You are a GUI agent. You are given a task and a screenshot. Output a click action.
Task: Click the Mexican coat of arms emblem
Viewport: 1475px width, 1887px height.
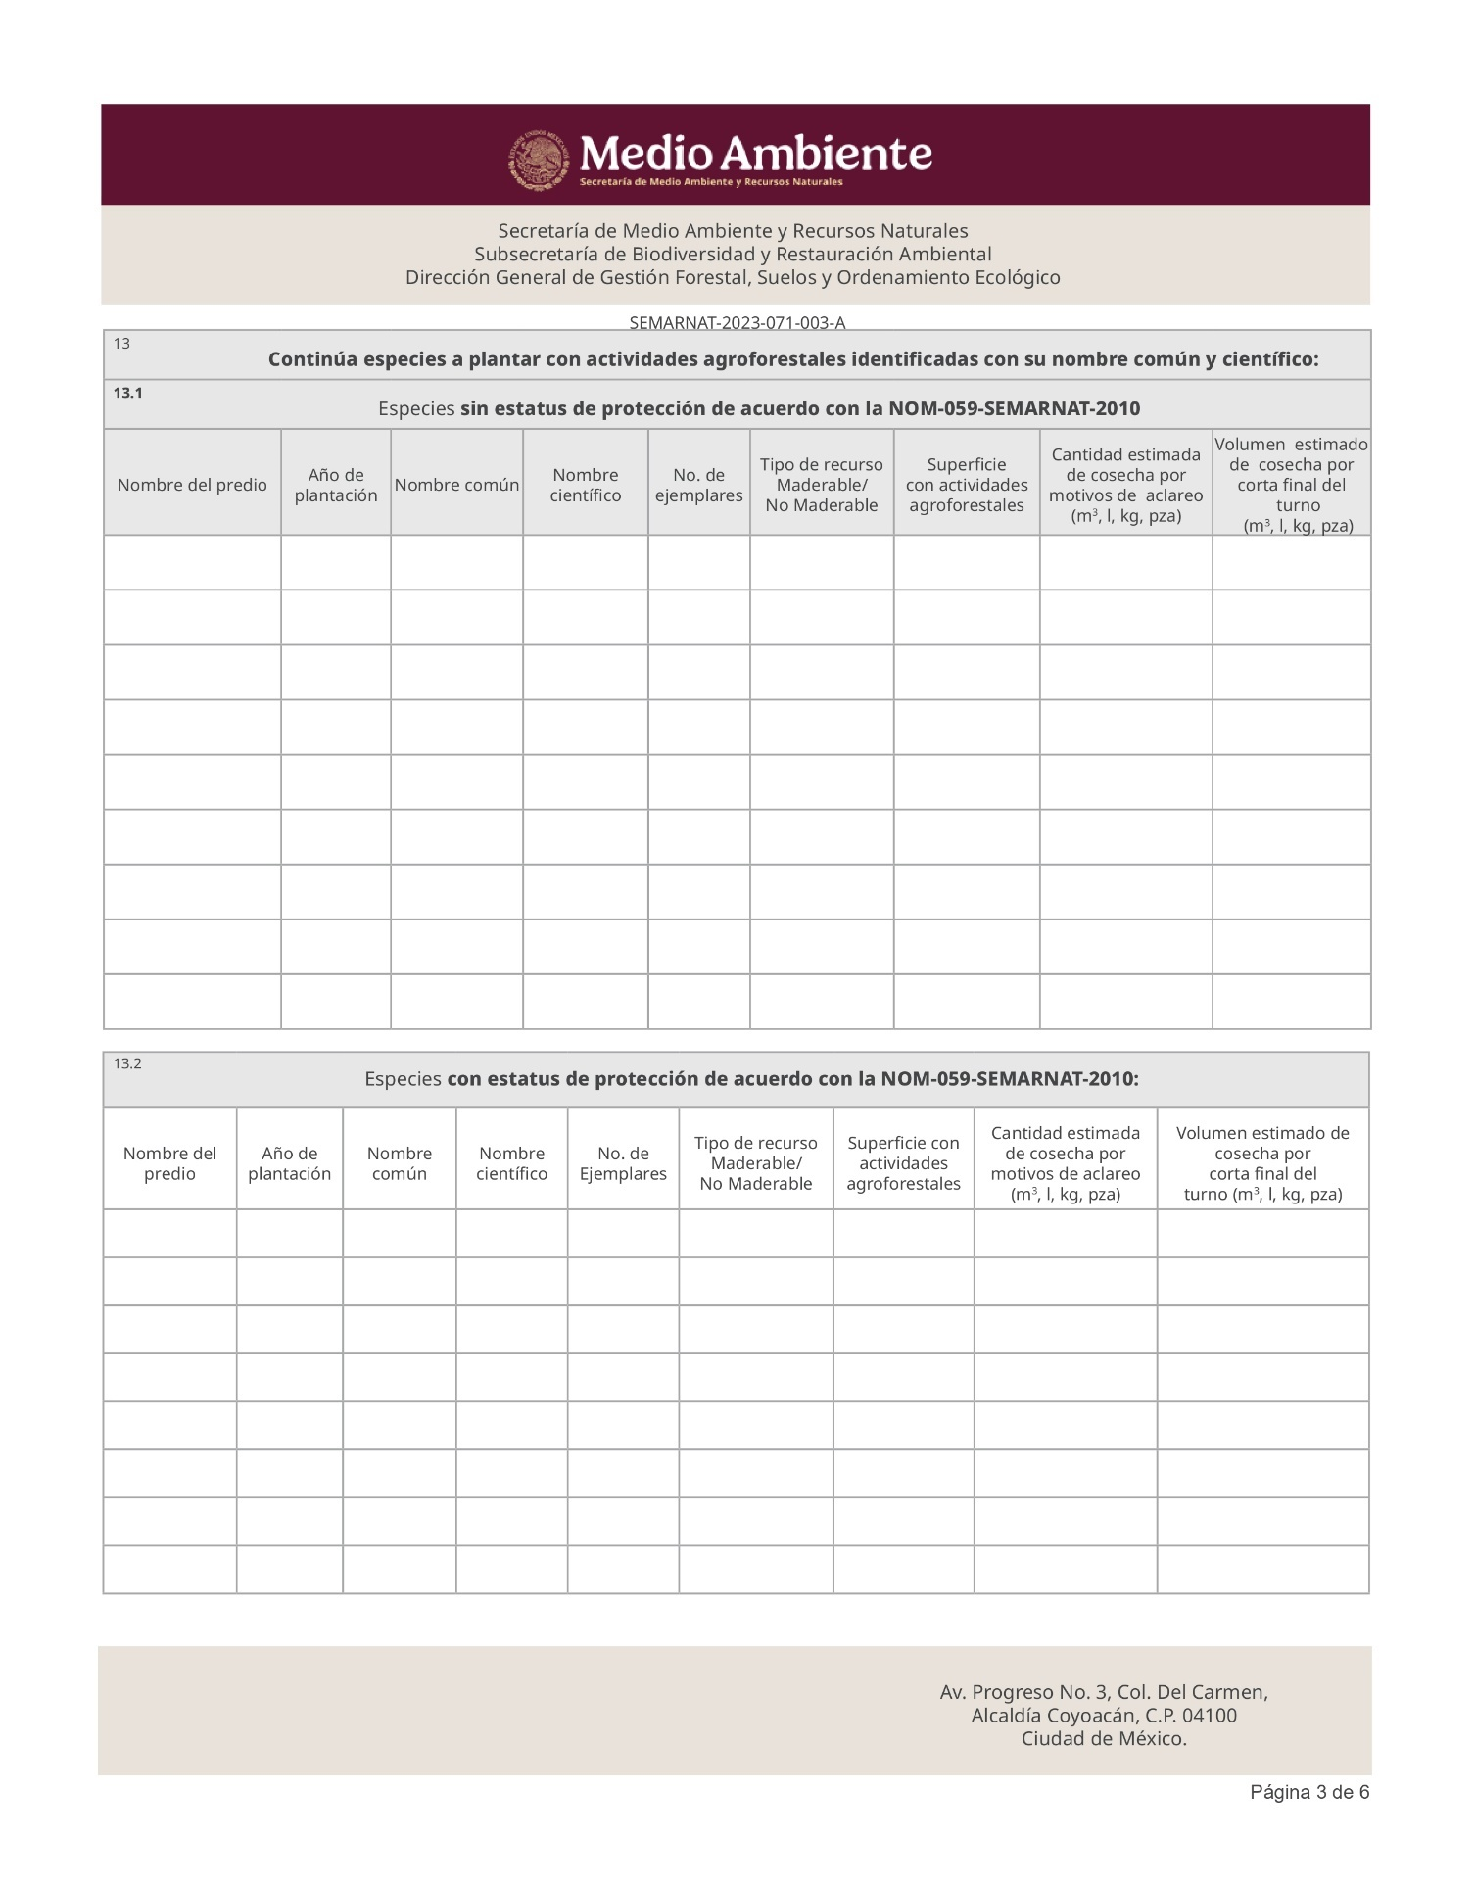point(538,160)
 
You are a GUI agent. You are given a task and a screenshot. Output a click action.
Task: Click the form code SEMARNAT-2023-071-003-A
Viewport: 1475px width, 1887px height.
point(737,322)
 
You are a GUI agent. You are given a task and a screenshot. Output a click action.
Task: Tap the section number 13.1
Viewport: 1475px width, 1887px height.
point(127,393)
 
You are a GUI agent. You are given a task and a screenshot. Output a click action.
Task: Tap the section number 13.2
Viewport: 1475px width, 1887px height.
point(127,1063)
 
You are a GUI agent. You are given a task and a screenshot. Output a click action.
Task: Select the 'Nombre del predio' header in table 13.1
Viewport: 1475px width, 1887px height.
point(192,485)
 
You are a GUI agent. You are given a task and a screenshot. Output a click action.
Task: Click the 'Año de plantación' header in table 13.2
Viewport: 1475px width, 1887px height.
point(289,1163)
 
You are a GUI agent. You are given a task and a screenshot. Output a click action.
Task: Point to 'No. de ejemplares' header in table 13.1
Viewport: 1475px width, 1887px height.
point(698,485)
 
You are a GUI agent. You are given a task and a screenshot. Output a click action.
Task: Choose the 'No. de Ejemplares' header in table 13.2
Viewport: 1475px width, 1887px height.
point(623,1163)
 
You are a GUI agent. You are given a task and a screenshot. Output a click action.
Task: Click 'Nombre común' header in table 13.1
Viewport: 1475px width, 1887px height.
point(456,485)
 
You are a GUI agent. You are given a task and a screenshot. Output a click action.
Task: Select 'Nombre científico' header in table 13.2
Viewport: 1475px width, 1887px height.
point(511,1163)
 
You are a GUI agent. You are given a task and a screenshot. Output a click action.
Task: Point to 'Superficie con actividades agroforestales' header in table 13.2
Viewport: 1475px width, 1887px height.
point(903,1163)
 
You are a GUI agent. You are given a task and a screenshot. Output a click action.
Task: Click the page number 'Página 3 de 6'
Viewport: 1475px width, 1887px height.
point(1308,1792)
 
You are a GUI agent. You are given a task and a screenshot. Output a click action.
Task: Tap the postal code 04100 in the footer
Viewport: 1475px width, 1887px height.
point(1210,1716)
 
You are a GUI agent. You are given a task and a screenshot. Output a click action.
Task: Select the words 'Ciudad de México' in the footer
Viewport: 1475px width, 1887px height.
point(1103,1739)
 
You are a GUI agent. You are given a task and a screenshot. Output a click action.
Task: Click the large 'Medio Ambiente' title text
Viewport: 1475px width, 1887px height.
point(755,154)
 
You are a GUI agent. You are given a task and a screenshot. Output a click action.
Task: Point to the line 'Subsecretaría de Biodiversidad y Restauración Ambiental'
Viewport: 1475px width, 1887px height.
point(733,255)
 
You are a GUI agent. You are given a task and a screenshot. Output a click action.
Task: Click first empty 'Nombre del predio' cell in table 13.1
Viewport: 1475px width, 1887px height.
point(192,562)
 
